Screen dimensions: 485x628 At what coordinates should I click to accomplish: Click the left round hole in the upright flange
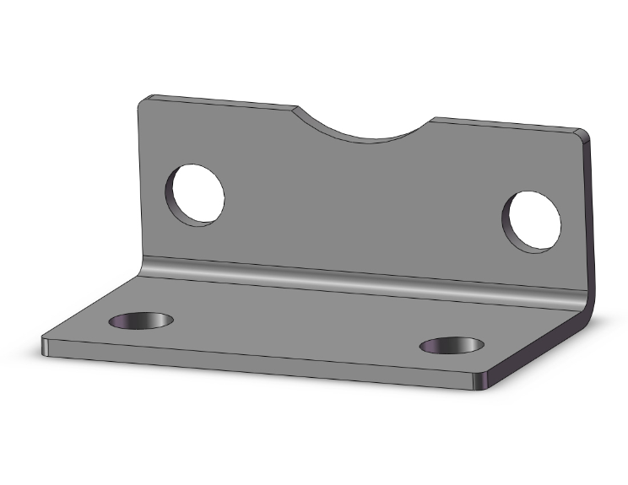(198, 195)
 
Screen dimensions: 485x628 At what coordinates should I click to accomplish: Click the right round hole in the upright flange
(534, 221)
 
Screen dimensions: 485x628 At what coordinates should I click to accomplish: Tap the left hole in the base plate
(142, 321)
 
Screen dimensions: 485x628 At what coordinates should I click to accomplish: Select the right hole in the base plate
(453, 345)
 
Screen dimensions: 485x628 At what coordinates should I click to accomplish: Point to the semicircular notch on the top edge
(363, 127)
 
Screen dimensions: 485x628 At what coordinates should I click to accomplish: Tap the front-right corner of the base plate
(480, 384)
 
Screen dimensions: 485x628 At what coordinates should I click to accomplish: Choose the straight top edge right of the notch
(506, 124)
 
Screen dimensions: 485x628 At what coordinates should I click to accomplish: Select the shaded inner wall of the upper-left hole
(175, 196)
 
